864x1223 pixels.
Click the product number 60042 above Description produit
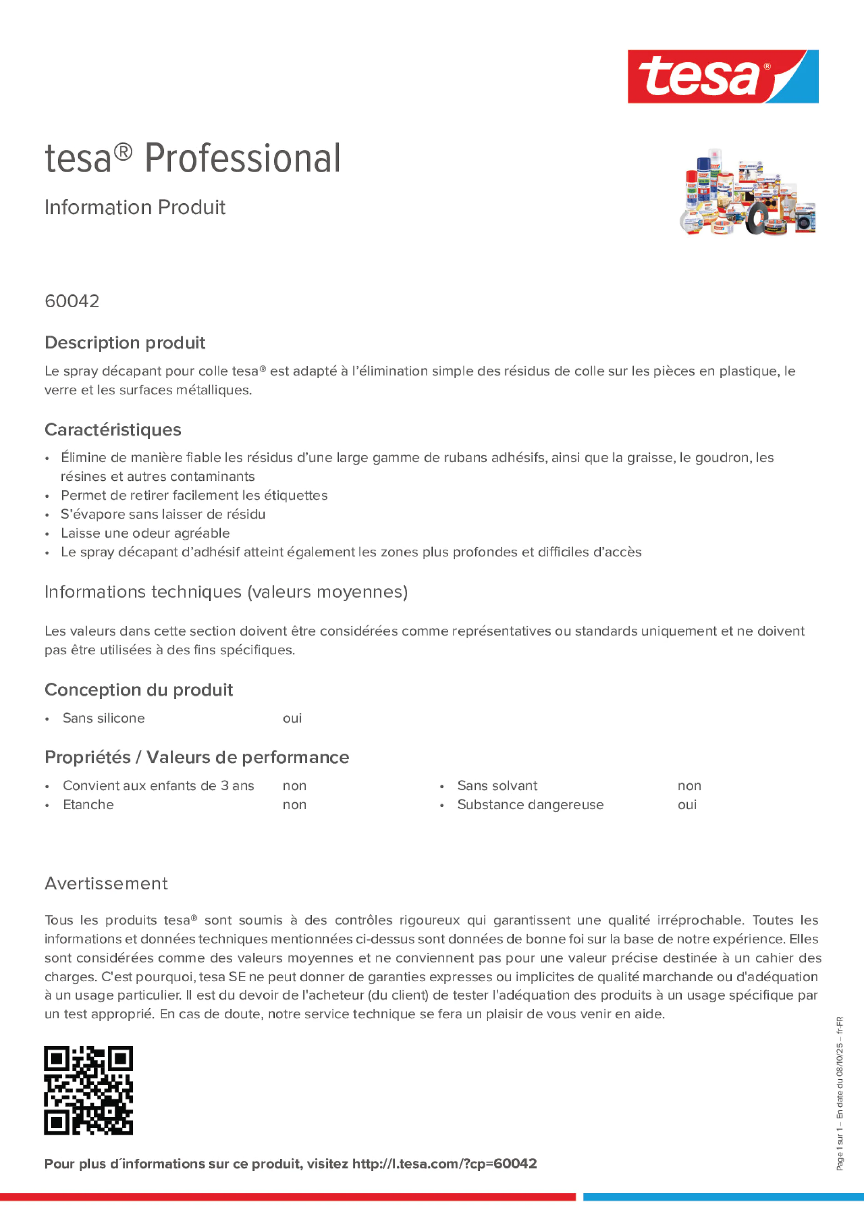tap(72, 301)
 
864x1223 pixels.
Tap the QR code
tap(88, 1090)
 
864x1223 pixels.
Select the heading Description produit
tap(125, 342)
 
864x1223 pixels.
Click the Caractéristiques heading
tap(113, 430)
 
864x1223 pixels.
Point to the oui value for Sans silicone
tap(292, 718)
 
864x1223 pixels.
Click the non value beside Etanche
tap(294, 804)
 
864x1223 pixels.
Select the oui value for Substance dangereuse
tap(687, 804)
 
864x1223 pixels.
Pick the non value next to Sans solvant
tap(689, 786)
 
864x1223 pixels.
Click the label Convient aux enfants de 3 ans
tap(158, 786)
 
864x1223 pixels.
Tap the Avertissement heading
tap(106, 884)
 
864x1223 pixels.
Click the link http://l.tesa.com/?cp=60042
tap(444, 1164)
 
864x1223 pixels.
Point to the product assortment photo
tap(747, 192)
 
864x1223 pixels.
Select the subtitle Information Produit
tap(135, 207)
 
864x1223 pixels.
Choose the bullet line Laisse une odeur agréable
tap(145, 533)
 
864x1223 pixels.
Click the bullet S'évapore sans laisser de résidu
tap(163, 514)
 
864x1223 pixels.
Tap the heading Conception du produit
tap(138, 690)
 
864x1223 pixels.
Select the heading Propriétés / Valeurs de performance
tap(196, 757)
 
